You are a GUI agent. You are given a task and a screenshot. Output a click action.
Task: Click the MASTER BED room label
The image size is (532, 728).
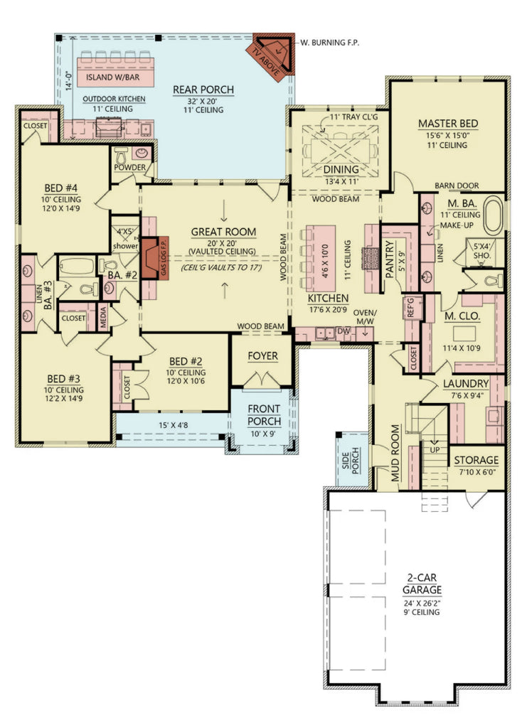[x=448, y=124]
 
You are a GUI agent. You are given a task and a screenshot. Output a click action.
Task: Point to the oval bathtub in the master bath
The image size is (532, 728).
[x=494, y=216]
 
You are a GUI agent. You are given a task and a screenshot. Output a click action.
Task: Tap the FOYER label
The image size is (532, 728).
[x=262, y=355]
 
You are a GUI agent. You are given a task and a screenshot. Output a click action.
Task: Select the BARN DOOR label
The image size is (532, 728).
[x=457, y=186]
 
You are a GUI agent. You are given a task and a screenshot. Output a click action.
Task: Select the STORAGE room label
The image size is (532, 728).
[x=477, y=460]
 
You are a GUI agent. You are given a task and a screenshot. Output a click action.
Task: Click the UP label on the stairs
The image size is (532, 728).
[x=433, y=450]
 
